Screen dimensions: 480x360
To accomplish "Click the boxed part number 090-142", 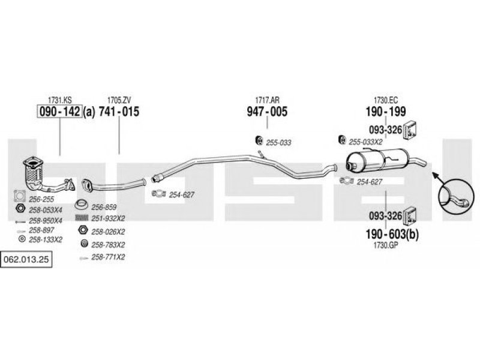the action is pyautogui.click(x=59, y=112).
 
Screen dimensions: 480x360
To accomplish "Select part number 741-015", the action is pyautogui.click(x=119, y=112).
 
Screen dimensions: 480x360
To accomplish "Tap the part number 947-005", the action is pyautogui.click(x=267, y=112).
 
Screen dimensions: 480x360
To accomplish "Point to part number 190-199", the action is pyautogui.click(x=386, y=112).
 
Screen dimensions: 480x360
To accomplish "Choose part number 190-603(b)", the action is pyautogui.click(x=392, y=234).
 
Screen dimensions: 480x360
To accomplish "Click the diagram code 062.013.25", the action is pyautogui.click(x=26, y=260).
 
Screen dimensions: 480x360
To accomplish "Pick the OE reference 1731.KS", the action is pyautogui.click(x=59, y=100).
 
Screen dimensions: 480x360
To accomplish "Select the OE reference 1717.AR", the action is pyautogui.click(x=267, y=100).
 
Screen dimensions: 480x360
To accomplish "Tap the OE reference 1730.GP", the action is pyautogui.click(x=386, y=245).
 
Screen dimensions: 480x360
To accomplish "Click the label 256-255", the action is pyautogui.click(x=41, y=199).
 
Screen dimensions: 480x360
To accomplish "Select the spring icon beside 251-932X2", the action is pyautogui.click(x=82, y=218).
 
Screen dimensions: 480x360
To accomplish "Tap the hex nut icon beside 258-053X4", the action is pyautogui.click(x=20, y=208).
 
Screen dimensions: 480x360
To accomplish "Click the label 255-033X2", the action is pyautogui.click(x=365, y=142).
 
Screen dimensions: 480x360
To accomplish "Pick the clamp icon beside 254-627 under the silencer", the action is pyautogui.click(x=347, y=181).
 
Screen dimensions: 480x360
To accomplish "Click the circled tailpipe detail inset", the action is pyautogui.click(x=456, y=197).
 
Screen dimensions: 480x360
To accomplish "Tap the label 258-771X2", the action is pyautogui.click(x=108, y=257).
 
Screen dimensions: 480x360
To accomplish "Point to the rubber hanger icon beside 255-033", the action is pyautogui.click(x=260, y=140).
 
